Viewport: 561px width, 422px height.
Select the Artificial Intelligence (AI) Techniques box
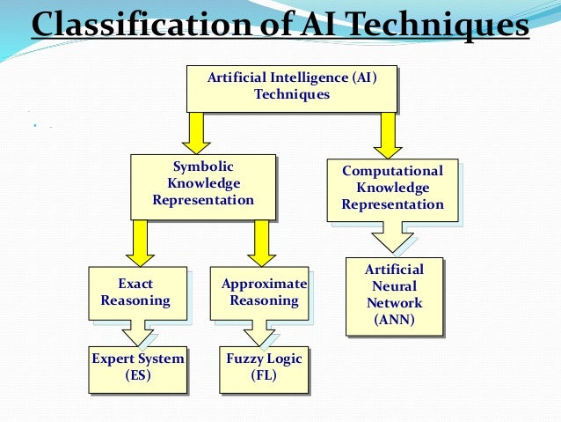[x=291, y=86]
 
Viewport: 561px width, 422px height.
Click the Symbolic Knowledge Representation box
[x=202, y=184]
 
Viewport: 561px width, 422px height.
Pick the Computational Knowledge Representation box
[x=392, y=189]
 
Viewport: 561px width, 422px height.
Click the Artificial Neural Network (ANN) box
[x=393, y=295]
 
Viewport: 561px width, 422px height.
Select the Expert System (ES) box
[x=138, y=367]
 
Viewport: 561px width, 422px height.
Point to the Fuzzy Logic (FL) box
[x=264, y=367]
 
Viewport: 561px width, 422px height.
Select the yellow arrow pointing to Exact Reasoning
[x=140, y=241]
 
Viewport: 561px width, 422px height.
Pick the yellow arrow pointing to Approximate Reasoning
[x=260, y=241]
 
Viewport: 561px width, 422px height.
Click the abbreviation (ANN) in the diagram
[x=393, y=319]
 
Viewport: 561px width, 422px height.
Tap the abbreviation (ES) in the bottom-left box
[x=138, y=375]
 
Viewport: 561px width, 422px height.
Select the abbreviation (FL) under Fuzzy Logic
[x=264, y=375]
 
